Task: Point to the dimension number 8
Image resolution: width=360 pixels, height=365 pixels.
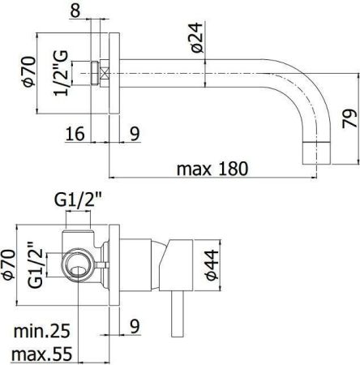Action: tap(97, 11)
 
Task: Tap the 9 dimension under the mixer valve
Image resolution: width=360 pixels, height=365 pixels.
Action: tap(134, 325)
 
